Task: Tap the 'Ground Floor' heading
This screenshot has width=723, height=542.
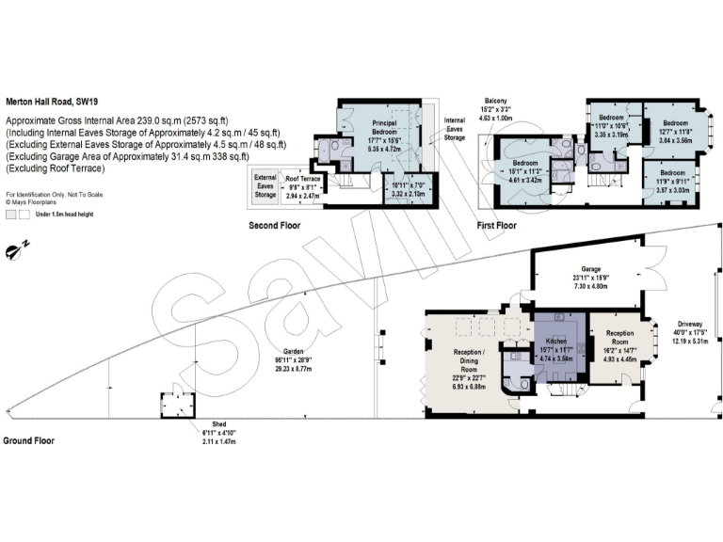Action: pyautogui.click(x=29, y=440)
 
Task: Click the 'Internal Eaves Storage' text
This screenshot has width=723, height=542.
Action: pyautogui.click(x=455, y=129)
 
